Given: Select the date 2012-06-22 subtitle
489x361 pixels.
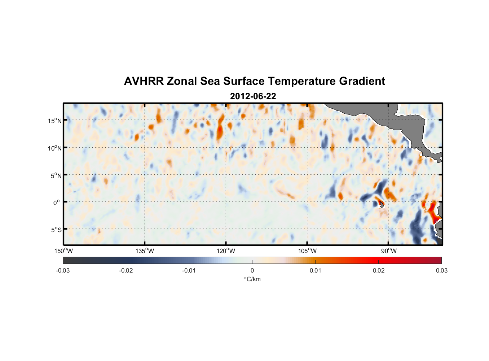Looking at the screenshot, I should point(253,96).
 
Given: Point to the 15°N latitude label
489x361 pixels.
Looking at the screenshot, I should point(55,121).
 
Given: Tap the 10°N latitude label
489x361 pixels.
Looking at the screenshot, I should point(55,148).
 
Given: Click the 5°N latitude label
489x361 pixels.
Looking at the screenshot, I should point(56,175).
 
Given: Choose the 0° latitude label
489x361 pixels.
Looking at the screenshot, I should point(57,203).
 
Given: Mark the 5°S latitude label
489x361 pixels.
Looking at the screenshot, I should point(56,230).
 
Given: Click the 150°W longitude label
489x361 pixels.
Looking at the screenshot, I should point(63,251).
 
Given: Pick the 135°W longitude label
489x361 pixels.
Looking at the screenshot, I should point(145,251).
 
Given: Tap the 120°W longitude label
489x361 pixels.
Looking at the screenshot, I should point(226,251).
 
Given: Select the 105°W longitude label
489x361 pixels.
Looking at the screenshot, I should point(307,251).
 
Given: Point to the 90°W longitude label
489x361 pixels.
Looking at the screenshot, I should point(388,251).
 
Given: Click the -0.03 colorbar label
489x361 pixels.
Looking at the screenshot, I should point(63,270).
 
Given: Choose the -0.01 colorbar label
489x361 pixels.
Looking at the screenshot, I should point(189,270).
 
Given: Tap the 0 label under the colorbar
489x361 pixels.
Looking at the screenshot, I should point(252,270).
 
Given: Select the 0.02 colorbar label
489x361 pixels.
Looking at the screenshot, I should point(379,270).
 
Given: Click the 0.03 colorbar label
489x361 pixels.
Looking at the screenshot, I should point(441,270).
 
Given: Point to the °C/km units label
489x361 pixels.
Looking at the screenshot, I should point(252,279).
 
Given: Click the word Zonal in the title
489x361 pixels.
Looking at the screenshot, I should point(182,81).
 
